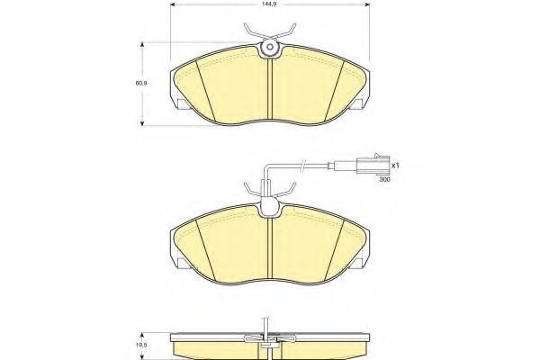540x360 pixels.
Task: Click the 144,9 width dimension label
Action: tap(270, 4)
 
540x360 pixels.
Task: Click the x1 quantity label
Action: tap(395, 166)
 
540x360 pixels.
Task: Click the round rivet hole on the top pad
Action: tap(270, 47)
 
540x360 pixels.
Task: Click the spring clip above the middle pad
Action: tap(270, 191)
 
